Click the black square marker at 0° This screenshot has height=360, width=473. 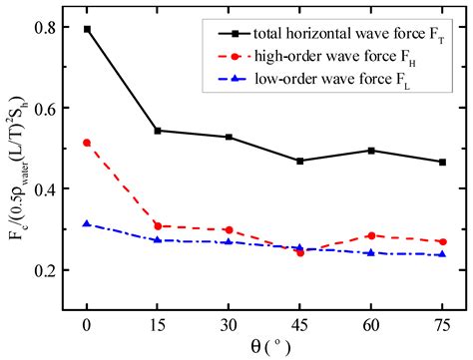pos(88,29)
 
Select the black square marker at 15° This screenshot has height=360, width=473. pos(158,131)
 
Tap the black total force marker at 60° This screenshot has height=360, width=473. pos(370,151)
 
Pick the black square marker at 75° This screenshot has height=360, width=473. pos(441,162)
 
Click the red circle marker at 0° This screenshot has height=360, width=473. pos(88,143)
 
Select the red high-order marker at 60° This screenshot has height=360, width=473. pos(370,235)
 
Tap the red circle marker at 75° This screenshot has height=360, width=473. pos(441,241)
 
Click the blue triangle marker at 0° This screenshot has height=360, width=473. pos(88,223)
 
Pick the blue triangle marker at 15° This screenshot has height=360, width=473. pos(158,239)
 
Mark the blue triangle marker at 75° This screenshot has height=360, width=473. pos(441,254)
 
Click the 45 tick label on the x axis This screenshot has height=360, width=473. pos(299,323)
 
